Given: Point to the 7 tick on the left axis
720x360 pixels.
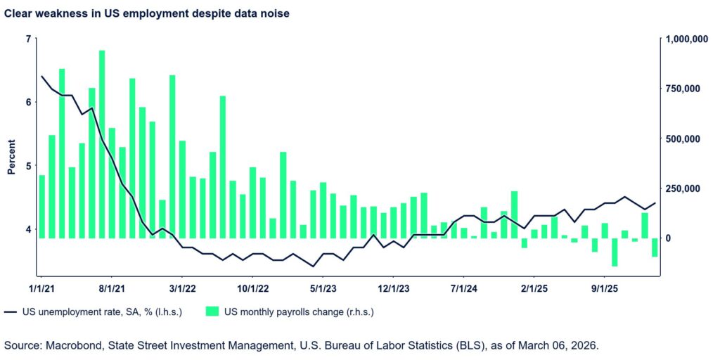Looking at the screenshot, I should [x=28, y=39].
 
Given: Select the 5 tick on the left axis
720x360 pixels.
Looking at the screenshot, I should [x=28, y=166].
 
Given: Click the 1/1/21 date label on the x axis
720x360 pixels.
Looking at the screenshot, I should [x=41, y=288].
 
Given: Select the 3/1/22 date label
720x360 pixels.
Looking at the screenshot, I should [x=182, y=288].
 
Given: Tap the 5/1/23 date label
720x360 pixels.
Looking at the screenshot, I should [x=322, y=288].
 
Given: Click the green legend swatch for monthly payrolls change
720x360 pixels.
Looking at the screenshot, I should [x=212, y=311].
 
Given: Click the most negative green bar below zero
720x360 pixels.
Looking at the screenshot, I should [x=615, y=252].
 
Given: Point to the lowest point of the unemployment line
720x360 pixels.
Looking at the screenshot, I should [x=313, y=266].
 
